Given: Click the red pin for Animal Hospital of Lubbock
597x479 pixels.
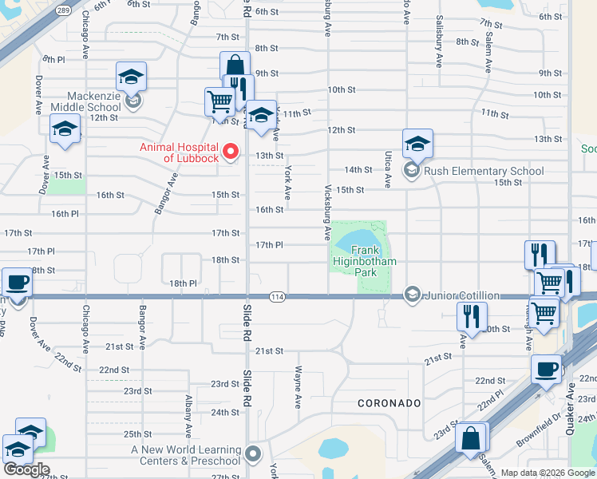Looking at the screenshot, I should (231, 150).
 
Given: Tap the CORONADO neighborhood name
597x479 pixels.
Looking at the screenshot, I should (389, 403).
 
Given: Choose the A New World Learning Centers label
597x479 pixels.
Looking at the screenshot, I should (186, 455).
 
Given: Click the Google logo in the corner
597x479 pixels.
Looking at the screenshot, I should (26, 469).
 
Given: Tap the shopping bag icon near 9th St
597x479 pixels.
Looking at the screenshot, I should (235, 65).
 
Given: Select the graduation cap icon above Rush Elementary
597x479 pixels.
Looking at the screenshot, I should (417, 144).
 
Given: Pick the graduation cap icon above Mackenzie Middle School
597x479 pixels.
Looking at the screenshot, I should (131, 77).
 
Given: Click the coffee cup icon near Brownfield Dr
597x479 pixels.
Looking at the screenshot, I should (547, 369).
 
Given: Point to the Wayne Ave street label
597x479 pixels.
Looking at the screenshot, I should (298, 385).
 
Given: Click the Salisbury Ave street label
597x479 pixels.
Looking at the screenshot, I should (438, 51).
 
